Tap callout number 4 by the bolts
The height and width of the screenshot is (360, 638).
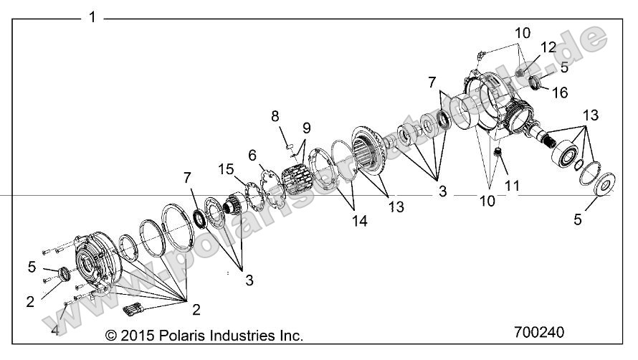54,331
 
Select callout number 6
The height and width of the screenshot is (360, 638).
252,155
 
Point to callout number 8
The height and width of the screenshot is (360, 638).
275,115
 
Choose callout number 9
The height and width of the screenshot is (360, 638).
306,129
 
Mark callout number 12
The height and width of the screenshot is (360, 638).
549,48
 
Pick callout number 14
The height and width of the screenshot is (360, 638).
360,222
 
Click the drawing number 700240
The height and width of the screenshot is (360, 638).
539,333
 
